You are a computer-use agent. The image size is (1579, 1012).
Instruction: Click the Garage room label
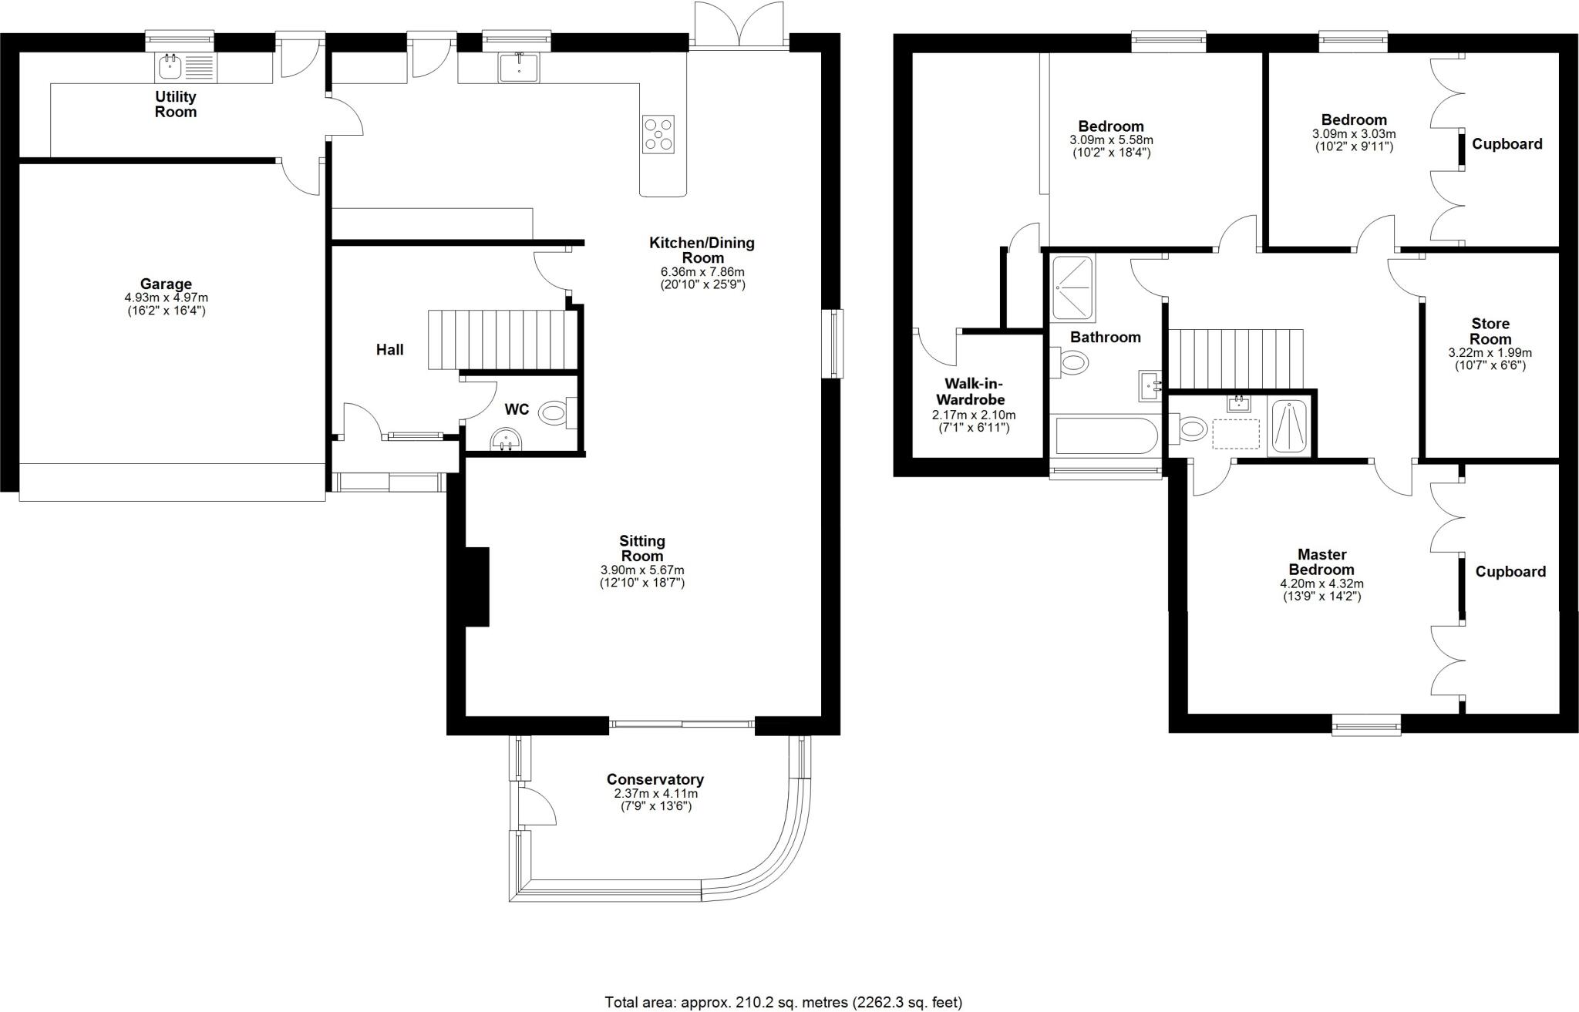tap(166, 284)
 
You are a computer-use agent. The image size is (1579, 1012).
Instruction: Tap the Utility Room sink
tap(170, 68)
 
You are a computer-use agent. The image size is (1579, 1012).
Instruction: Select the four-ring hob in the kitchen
tap(658, 134)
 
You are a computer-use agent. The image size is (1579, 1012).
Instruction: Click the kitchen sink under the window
tap(519, 68)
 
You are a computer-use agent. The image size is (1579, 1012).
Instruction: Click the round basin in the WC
tap(507, 440)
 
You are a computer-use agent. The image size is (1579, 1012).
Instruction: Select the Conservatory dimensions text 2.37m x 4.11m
tap(655, 793)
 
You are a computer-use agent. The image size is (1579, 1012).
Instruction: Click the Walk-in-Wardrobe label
tap(975, 392)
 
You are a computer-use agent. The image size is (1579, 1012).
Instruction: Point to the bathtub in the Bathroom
tap(1106, 436)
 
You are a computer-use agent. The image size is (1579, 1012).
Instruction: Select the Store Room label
tap(1490, 331)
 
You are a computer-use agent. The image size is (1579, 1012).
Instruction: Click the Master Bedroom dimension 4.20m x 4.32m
tap(1321, 583)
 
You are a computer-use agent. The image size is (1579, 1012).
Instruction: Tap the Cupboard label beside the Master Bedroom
tap(1510, 572)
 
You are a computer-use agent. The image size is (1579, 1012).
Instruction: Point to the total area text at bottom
tap(783, 1002)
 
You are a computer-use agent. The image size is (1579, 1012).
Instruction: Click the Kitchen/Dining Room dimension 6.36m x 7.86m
tap(702, 272)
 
